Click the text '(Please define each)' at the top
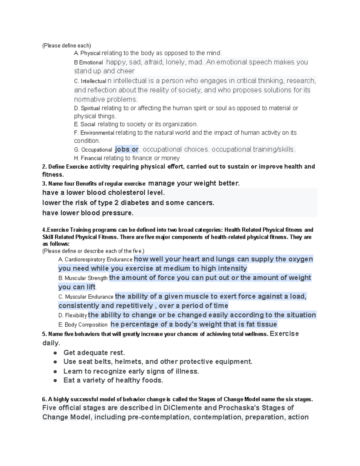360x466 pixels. tap(66, 46)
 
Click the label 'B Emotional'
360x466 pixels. tap(88, 62)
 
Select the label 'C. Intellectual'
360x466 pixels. tap(90, 81)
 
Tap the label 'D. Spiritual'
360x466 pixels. tap(87, 108)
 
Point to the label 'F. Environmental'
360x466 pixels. tap(94, 133)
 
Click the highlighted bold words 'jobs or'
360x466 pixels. tap(127, 149)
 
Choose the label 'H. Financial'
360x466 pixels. tap(88, 158)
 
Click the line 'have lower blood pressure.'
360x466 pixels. tap(88, 213)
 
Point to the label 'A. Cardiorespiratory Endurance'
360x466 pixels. tap(95, 260)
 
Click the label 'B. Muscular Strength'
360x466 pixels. tap(83, 278)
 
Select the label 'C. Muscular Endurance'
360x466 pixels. tap(86, 297)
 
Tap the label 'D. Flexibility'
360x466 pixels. tap(73, 315)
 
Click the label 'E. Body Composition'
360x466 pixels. tap(83, 325)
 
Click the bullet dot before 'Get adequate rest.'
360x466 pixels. tap(55, 353)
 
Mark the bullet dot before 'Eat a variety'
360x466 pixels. tap(55, 380)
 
